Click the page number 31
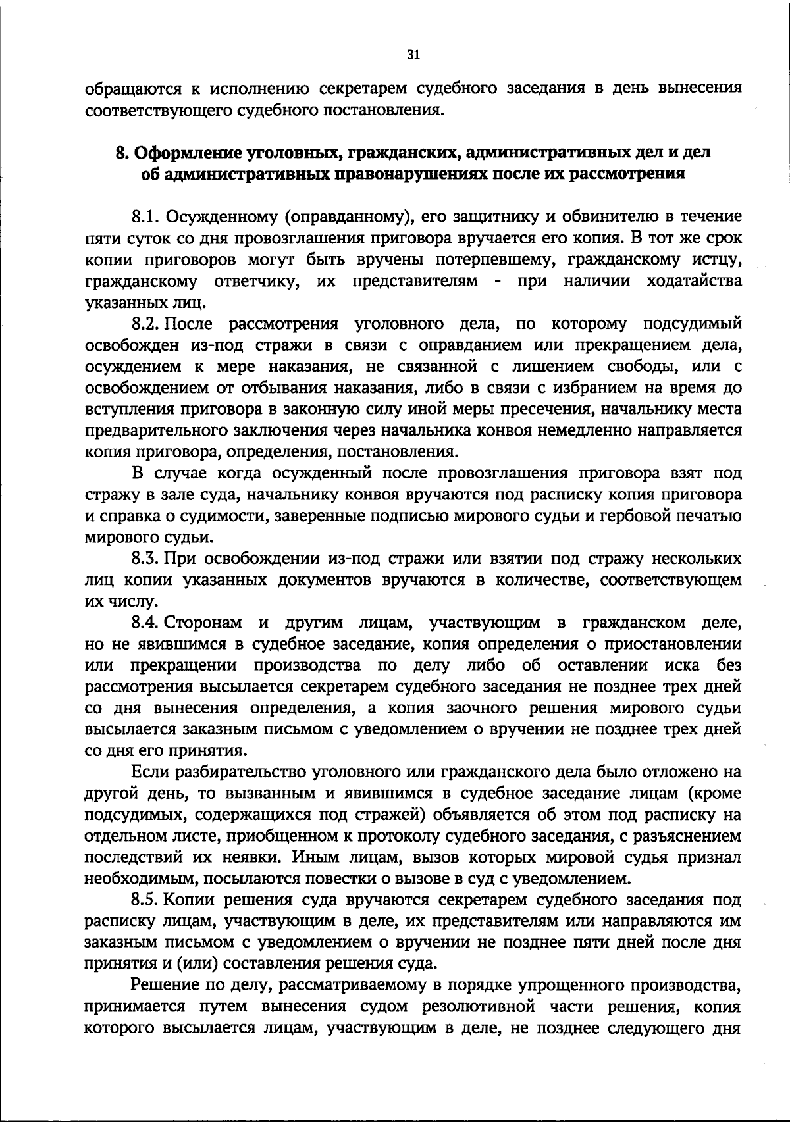pyautogui.click(x=413, y=55)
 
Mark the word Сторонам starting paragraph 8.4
pyautogui.click(x=203, y=623)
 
